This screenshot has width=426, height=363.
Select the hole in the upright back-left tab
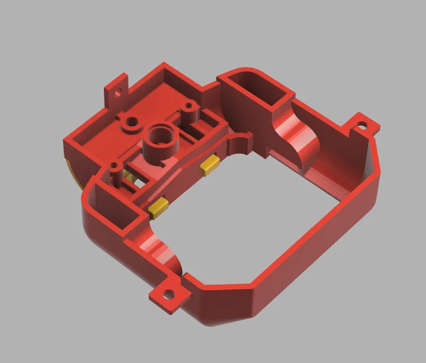point(120,91)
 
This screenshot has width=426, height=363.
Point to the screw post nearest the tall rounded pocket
point(188,108)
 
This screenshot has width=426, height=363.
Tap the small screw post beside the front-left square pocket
point(114,172)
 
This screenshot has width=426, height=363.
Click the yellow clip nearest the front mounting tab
point(158,207)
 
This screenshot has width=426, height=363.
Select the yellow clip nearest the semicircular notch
point(210,164)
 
